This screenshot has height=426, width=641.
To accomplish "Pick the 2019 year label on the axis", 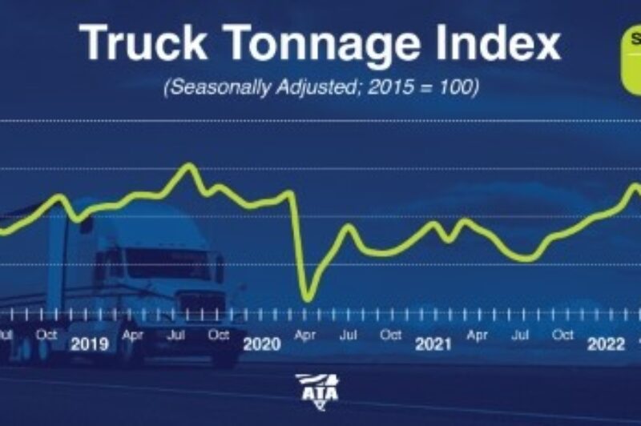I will (x=89, y=345).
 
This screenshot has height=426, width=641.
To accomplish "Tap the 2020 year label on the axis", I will (x=261, y=345).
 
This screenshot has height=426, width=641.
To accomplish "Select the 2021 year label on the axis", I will (x=433, y=345).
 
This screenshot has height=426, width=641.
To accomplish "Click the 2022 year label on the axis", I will (x=606, y=345).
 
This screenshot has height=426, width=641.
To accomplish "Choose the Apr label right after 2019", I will (x=132, y=336).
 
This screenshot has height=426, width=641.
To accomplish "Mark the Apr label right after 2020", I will (x=305, y=336).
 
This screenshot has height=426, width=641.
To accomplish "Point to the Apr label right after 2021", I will (x=478, y=336).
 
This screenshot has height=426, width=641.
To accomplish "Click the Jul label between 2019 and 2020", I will (x=175, y=336).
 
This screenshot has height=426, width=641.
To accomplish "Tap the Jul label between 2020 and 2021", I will (x=348, y=336).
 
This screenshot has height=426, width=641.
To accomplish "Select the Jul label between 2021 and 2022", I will (x=520, y=336).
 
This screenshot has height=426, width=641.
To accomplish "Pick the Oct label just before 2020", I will (x=218, y=336).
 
